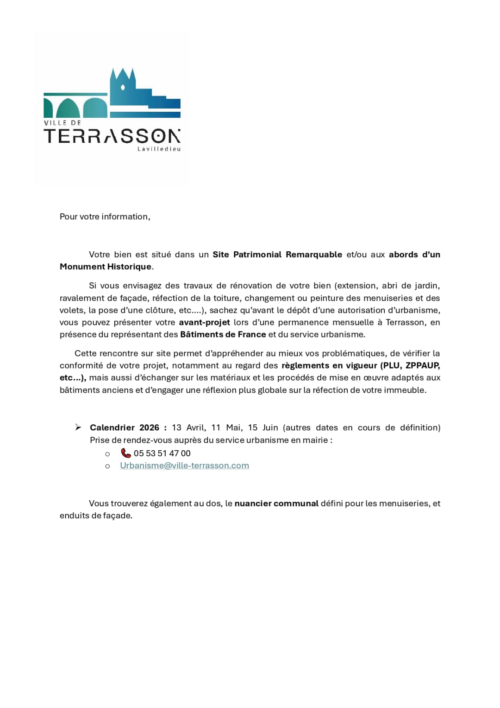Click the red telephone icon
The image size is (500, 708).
(126, 453)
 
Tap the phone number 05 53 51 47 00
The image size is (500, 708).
(162, 453)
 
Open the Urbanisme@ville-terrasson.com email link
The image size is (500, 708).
(184, 466)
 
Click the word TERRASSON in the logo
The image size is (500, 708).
(112, 136)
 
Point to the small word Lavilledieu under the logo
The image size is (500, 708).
(159, 149)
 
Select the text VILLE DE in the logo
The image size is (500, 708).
(62, 123)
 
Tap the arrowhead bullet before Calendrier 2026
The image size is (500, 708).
(78, 427)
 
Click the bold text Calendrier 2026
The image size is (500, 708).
(125, 427)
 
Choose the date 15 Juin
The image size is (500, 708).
(263, 427)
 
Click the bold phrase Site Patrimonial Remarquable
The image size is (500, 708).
(277, 255)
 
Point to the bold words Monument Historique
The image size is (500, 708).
(106, 267)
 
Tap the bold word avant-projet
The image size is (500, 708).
(204, 322)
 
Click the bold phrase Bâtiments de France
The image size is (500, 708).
(223, 334)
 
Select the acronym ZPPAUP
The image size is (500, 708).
(422, 365)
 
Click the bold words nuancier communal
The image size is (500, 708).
(276, 504)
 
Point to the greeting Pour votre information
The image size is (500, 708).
(105, 217)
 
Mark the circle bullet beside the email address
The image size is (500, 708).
(107, 466)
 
